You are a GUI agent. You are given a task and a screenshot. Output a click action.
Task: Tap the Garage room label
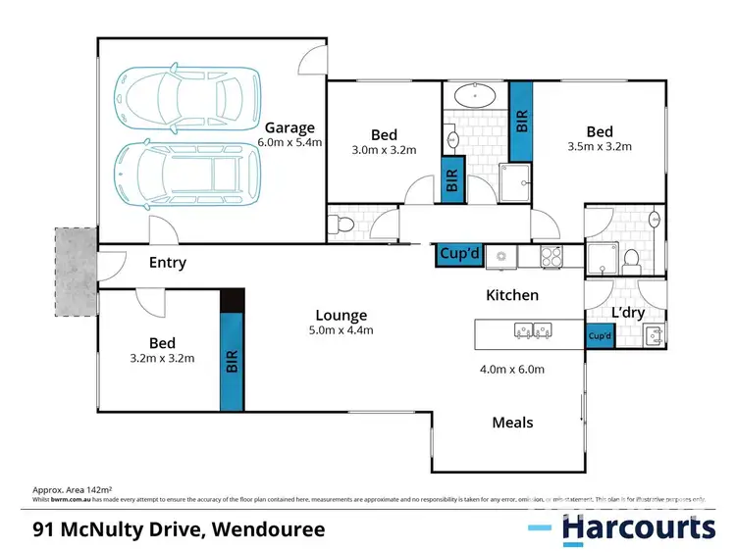(x=289, y=127)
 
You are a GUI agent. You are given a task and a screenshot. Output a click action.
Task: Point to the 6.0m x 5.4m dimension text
(x=290, y=142)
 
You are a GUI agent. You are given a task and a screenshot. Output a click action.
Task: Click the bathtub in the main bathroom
(x=476, y=96)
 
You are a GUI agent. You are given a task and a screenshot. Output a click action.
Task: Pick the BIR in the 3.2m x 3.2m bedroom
(x=232, y=362)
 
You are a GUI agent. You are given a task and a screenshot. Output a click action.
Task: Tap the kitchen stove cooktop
(x=552, y=257)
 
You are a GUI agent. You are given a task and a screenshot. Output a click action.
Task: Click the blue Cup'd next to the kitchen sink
(x=458, y=255)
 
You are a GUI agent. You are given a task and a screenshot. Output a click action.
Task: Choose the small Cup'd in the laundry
(x=600, y=336)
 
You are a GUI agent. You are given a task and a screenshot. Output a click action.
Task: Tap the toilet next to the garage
(x=343, y=225)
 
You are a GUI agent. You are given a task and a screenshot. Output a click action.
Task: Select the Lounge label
(x=341, y=315)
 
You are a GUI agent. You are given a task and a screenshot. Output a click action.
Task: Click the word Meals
(x=512, y=422)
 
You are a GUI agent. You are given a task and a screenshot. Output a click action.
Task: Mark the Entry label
(x=167, y=263)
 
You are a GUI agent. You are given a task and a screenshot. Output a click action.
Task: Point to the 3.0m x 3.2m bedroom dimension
(x=384, y=150)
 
